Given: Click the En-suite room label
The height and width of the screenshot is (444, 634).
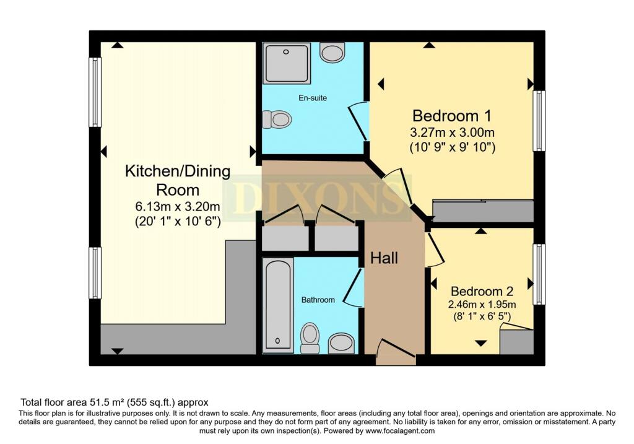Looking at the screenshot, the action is [x=313, y=98].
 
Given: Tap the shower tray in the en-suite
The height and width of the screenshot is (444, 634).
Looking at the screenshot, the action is [x=287, y=63].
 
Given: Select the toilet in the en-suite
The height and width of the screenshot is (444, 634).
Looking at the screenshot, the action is [x=277, y=120].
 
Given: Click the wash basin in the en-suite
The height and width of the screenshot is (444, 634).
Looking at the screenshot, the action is [x=332, y=53].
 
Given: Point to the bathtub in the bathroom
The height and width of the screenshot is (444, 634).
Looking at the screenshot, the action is [x=278, y=305].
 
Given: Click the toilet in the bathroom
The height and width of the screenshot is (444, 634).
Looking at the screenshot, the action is [x=310, y=337].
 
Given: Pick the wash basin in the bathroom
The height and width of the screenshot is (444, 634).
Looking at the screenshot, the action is [x=341, y=343].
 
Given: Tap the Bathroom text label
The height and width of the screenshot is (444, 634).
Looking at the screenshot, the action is [x=318, y=300].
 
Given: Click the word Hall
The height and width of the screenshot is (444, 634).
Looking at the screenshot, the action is [x=384, y=258].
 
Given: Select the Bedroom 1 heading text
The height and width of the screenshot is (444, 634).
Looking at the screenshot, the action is [x=451, y=116].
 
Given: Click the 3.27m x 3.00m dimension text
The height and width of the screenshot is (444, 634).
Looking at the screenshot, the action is [x=452, y=133].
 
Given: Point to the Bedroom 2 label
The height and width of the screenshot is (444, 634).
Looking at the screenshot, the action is [x=482, y=291].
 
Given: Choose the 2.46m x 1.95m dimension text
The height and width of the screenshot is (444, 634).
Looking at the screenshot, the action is [x=482, y=305].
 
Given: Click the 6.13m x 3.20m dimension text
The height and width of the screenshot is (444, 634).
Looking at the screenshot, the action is [x=178, y=207].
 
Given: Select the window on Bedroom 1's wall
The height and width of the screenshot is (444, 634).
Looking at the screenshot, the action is [x=539, y=121].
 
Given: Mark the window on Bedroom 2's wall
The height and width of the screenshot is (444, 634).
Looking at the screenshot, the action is [x=539, y=274].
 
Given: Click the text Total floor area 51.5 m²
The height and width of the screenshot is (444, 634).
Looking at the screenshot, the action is [x=72, y=403].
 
